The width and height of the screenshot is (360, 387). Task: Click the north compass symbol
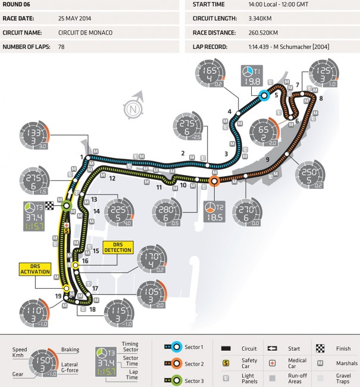[x=132, y=108]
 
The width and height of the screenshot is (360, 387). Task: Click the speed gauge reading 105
[x=152, y=293]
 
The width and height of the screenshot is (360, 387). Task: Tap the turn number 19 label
[x=58, y=295]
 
